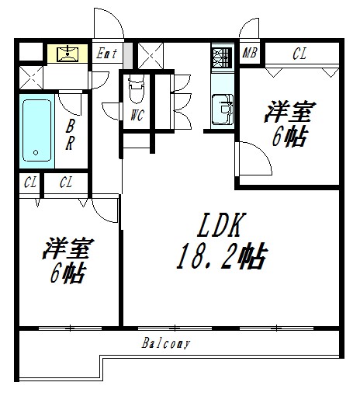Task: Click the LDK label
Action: [222, 225]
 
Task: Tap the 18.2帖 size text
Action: [222, 256]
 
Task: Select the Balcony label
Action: [166, 343]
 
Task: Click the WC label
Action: [137, 115]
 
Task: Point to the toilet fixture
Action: [137, 89]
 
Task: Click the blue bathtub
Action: [36, 130]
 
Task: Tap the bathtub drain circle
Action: [36, 153]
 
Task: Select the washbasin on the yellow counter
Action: [67, 54]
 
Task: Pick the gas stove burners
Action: [222, 57]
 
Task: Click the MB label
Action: [249, 53]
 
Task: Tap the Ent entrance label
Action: [106, 54]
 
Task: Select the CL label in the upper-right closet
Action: [299, 54]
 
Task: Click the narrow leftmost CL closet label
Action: [30, 182]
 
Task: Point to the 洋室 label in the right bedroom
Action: [290, 112]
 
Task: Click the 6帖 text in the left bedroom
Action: [67, 274]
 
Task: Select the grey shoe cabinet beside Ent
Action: [128, 56]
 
